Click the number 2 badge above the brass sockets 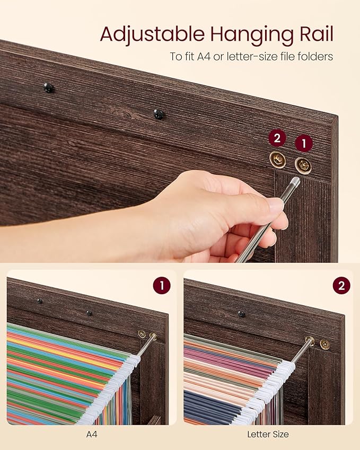coord(277,139)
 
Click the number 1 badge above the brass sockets coord(303,143)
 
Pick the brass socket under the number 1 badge coord(303,165)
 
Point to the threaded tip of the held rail coord(294,183)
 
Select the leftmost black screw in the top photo coord(49,87)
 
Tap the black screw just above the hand coord(158,113)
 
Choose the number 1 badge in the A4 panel coord(162,286)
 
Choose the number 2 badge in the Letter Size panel coord(341,286)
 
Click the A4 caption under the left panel coord(91,434)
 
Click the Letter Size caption coord(268,434)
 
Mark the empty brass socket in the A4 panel coord(142,333)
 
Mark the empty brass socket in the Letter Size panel coord(324,344)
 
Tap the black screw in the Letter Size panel coord(241,314)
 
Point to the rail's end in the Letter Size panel coord(309,341)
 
